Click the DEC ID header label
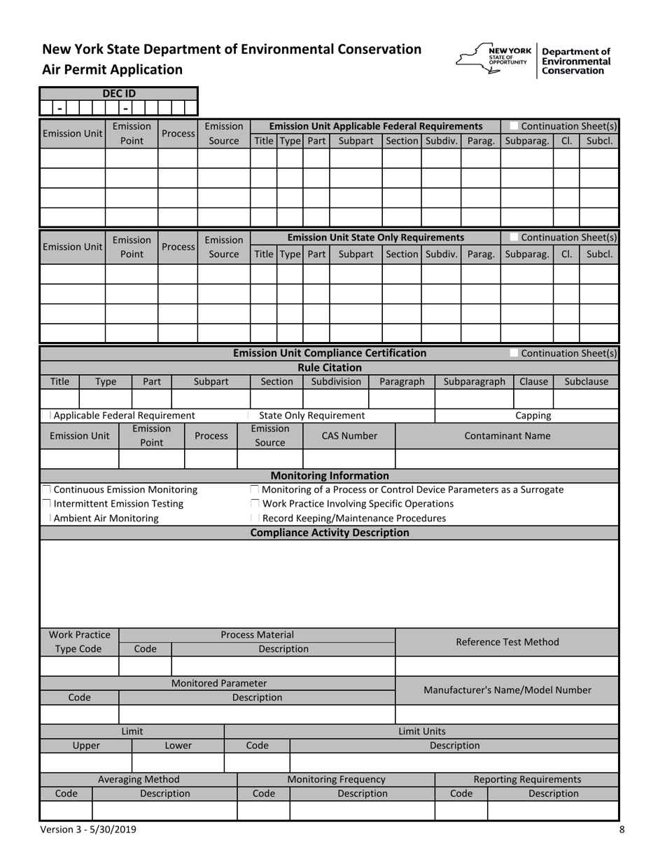point(119,93)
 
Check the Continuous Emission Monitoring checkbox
point(46,489)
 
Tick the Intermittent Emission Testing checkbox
point(46,504)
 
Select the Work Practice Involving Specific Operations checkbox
point(255,504)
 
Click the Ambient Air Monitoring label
point(106,519)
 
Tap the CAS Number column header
point(349,436)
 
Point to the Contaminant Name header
point(507,436)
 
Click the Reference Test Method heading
point(507,642)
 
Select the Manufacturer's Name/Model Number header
point(507,690)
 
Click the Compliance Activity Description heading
point(330,533)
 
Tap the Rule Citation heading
point(330,367)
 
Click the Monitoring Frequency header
point(336,779)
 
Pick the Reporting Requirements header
point(527,779)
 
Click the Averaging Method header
point(139,779)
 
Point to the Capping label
point(533,416)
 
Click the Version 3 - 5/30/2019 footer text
point(89,830)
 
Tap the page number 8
point(622,830)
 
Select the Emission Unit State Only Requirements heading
point(376,238)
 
